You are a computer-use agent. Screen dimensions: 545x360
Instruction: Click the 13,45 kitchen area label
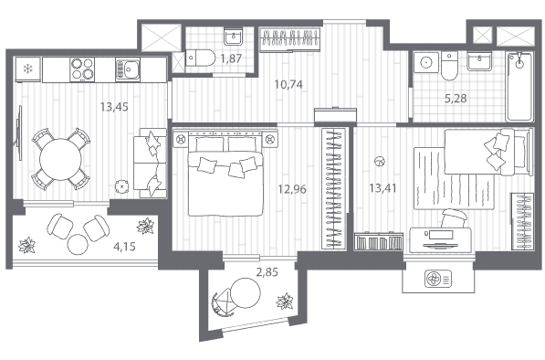[114, 107]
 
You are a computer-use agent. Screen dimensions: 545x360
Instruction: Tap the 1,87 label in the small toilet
[231, 58]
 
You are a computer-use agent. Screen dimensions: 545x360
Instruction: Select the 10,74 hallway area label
[288, 84]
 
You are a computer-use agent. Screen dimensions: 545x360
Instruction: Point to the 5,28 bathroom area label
[456, 99]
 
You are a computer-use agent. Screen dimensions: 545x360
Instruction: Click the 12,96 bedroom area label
[292, 189]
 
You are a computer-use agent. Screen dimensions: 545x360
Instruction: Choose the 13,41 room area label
[383, 188]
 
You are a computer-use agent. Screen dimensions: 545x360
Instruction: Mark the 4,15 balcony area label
[124, 247]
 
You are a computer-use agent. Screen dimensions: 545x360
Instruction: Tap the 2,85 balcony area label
[267, 271]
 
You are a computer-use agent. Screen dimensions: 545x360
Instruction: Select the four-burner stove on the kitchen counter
[82, 69]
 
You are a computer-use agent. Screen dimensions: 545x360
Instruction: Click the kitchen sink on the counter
[128, 69]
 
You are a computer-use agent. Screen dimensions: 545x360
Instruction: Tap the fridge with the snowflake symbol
[27, 69]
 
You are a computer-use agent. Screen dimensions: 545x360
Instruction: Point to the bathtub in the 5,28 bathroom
[519, 87]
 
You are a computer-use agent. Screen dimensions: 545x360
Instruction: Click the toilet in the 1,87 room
[201, 58]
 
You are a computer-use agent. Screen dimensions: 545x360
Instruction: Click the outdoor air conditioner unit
[438, 279]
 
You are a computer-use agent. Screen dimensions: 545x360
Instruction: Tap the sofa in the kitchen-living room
[150, 164]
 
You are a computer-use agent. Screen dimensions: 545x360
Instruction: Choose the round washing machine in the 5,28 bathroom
[426, 62]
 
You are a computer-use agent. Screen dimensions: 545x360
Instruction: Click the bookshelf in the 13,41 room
[379, 241]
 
